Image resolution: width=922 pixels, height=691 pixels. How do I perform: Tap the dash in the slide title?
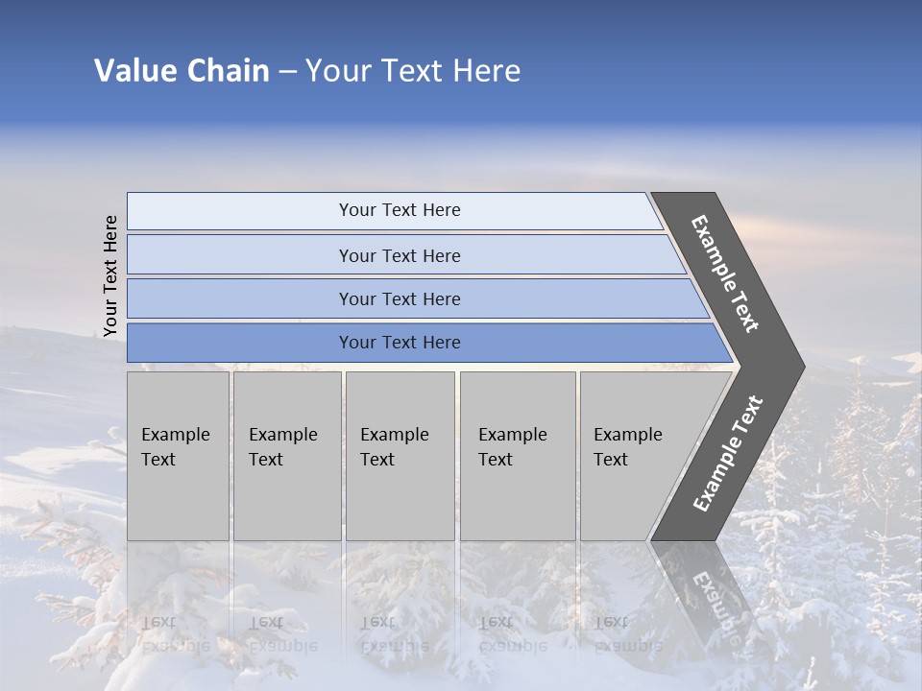[287, 72]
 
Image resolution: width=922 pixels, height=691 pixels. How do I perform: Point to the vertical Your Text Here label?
[110, 276]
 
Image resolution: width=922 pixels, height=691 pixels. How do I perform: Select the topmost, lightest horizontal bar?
[399, 210]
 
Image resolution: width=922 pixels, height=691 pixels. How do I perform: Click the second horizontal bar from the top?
[399, 255]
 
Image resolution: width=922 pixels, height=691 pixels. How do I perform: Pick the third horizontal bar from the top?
[399, 298]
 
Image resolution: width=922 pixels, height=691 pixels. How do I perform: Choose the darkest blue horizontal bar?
[399, 343]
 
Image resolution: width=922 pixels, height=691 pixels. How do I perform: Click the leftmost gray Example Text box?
[178, 456]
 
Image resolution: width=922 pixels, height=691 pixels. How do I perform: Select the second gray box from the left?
[286, 456]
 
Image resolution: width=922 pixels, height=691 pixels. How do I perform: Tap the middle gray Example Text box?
[400, 456]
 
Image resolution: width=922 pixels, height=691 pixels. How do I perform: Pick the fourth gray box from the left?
[517, 456]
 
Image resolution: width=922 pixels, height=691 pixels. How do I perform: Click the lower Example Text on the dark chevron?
[728, 454]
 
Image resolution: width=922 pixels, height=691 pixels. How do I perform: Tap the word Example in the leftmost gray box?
[175, 435]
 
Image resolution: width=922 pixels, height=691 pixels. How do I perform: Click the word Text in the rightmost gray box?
[611, 460]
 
